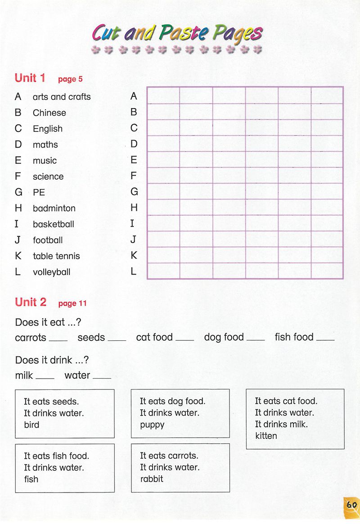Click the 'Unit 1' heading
point(30,78)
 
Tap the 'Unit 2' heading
point(31,302)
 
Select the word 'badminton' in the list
point(54,208)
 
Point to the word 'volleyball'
point(51,272)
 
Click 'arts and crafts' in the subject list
point(62,97)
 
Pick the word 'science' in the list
point(48,176)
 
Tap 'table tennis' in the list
point(56,256)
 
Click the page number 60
point(351,505)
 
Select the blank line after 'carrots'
point(58,340)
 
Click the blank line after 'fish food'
point(325,340)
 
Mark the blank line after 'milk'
point(45,378)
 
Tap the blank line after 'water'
point(101,378)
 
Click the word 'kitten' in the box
point(266,436)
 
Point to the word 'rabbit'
point(152,479)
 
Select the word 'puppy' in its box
point(152,425)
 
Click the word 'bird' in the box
point(31,425)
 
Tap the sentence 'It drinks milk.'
point(281,424)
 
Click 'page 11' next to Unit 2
point(72,303)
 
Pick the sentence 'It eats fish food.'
point(56,456)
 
